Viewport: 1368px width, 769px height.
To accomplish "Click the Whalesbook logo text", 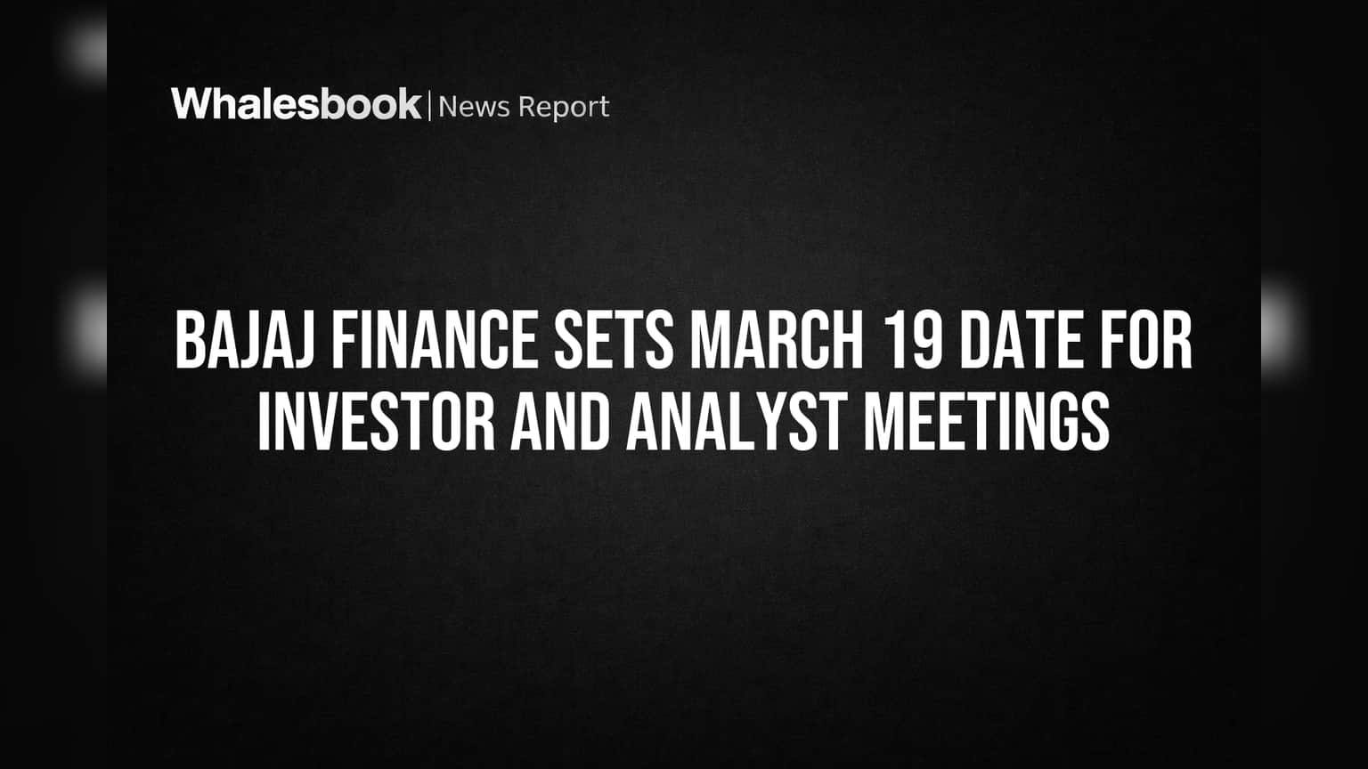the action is coord(297,104).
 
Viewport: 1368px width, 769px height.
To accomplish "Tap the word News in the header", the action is coord(474,107).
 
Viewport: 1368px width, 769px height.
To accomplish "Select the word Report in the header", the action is coord(564,108).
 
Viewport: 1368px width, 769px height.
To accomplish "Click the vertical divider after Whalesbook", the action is coord(430,106).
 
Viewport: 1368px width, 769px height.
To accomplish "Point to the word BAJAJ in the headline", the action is coord(244,339).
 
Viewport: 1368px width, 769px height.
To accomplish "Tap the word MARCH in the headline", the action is coord(777,339).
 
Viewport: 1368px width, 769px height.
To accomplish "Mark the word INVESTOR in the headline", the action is coord(376,421).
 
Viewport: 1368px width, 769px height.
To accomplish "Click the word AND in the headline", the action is coord(560,421).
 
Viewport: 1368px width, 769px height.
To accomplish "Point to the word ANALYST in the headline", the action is coord(737,421).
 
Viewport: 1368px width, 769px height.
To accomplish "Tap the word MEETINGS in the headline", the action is coord(987,421).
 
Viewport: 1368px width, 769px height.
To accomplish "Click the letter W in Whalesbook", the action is coord(191,104).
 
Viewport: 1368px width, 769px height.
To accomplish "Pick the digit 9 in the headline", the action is coord(924,339).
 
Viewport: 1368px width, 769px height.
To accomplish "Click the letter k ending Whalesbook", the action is coord(407,104).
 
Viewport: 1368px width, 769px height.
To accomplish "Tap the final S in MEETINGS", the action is coord(1094,421).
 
